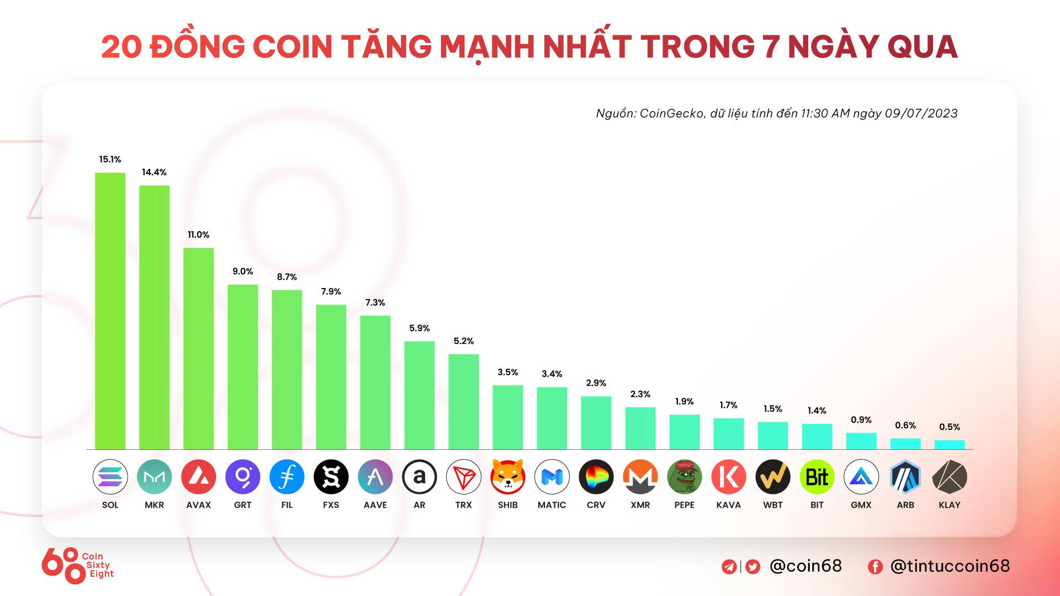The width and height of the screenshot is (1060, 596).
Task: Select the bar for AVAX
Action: tap(198, 348)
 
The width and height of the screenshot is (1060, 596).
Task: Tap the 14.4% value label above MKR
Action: tap(154, 172)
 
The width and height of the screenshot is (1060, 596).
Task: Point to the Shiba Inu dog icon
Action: tap(507, 477)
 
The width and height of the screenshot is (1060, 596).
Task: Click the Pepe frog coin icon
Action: tap(684, 477)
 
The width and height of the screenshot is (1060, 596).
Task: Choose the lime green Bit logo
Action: tap(817, 477)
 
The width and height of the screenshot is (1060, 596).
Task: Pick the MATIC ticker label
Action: tap(552, 505)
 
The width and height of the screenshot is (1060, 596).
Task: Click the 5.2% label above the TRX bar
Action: tap(463, 341)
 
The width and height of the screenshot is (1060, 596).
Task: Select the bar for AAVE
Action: tap(375, 382)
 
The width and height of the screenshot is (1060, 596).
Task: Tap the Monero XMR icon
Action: tap(640, 477)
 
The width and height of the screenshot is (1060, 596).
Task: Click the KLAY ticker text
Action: tap(949, 505)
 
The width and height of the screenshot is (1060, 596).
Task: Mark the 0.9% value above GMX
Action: tap(861, 420)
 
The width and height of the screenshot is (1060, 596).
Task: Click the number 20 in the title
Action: tap(121, 47)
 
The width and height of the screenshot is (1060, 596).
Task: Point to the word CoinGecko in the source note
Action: tap(671, 114)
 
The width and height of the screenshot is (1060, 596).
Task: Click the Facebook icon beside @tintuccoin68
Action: tap(875, 567)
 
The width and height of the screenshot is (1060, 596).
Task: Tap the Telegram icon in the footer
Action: tap(729, 567)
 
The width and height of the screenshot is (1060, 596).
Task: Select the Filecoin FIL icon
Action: tap(287, 477)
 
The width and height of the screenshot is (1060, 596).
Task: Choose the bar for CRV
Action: tap(596, 422)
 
